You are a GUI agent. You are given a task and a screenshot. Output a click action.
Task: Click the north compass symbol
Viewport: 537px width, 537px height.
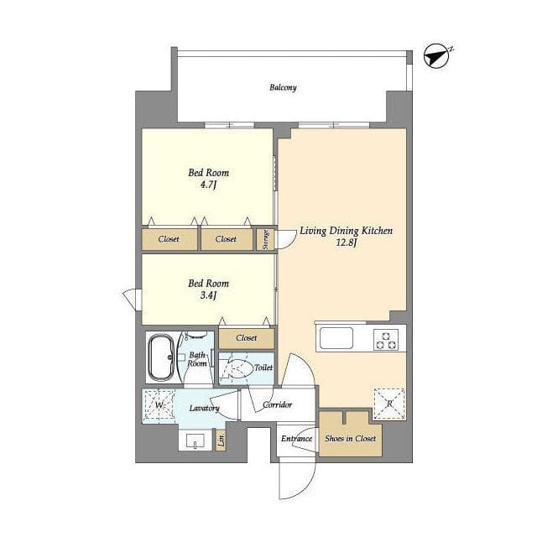436,56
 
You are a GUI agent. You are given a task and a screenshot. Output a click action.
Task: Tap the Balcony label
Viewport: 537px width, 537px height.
283,87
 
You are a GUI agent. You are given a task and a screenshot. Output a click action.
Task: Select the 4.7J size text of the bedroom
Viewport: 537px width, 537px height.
209,185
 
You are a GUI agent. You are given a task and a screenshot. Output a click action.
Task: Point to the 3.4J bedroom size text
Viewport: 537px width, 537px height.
209,295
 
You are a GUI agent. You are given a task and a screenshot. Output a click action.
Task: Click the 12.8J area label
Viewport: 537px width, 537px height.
347,243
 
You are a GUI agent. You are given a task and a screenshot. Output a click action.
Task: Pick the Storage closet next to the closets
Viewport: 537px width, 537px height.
265,239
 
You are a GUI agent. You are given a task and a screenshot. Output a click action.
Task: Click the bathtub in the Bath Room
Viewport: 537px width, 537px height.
161,357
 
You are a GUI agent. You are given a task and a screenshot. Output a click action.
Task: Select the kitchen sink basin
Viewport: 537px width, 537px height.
336,338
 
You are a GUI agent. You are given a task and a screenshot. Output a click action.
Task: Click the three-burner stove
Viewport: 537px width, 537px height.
386,339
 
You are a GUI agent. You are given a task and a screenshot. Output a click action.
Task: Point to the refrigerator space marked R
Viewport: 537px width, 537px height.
389,404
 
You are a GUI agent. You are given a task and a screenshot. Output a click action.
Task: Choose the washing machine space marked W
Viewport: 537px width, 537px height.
159,404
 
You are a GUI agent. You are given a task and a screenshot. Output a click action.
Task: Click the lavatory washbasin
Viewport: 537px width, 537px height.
196,441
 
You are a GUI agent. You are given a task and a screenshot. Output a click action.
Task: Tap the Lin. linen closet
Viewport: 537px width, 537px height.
222,439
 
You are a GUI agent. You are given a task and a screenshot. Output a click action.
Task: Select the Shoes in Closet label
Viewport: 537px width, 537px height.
351,438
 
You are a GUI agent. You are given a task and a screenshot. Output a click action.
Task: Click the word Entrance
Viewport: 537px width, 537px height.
296,439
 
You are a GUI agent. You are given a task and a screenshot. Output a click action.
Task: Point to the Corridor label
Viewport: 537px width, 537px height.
278,404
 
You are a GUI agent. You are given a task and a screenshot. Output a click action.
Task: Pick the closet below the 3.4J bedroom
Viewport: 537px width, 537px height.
247,339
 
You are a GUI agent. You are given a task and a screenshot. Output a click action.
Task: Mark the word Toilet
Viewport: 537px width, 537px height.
263,368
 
